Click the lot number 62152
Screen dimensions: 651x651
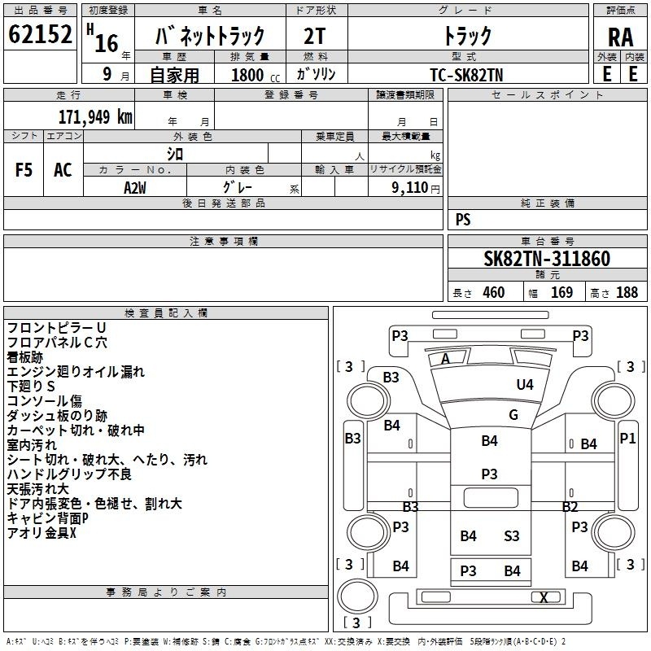click(x=40, y=34)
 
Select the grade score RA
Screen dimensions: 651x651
click(x=620, y=37)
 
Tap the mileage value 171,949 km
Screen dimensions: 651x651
click(x=95, y=117)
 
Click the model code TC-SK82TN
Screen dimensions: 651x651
click(x=466, y=75)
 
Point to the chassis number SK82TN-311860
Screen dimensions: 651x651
click(x=547, y=259)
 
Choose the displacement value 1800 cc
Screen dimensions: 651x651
click(x=256, y=75)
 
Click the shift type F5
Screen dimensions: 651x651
click(x=24, y=170)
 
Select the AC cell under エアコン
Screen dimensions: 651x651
click(x=63, y=170)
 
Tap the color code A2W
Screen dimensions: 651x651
click(x=135, y=188)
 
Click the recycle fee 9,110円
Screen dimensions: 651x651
click(x=416, y=188)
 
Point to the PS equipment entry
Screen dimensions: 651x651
click(x=463, y=220)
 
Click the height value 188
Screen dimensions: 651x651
click(x=627, y=292)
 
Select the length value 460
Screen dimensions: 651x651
click(x=494, y=292)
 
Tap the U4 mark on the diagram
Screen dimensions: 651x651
click(x=525, y=385)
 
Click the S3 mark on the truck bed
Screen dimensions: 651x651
click(x=512, y=536)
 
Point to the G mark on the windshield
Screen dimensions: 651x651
click(x=513, y=415)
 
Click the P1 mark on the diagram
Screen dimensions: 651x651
click(x=627, y=438)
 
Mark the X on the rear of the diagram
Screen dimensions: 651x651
click(x=544, y=597)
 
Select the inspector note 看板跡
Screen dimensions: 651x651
click(x=25, y=357)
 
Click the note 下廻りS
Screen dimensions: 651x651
click(x=31, y=386)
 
